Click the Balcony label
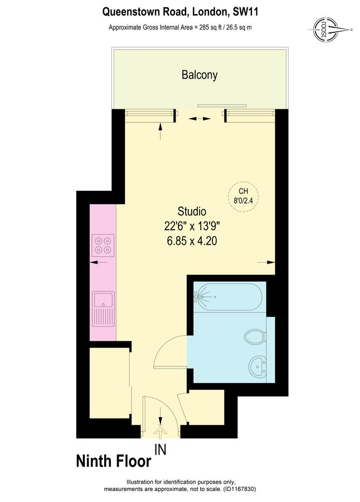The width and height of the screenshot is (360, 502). point(200,75)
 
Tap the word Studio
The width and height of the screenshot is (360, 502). point(192,211)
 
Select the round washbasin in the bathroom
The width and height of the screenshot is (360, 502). point(257,368)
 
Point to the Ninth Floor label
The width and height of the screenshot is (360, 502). point(113,461)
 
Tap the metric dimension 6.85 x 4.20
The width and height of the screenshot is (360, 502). point(192,241)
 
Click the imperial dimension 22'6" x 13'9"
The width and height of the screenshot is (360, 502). point(192,226)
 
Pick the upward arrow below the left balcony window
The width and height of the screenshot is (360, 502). point(161,132)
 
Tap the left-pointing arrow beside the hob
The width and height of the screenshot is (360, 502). point(101,262)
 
